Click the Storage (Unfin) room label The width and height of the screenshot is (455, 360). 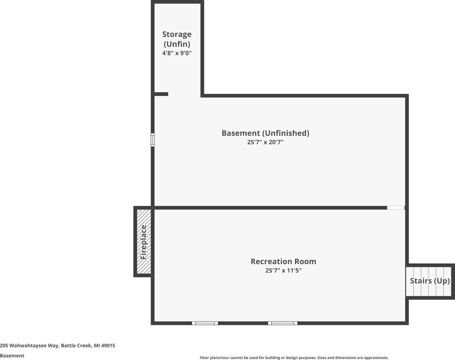177,39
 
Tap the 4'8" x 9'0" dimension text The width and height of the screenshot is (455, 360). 177,53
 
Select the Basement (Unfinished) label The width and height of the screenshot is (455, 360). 265,133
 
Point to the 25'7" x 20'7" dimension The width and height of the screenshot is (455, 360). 265,142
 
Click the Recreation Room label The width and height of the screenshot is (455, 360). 283,261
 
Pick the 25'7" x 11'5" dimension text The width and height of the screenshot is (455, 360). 283,271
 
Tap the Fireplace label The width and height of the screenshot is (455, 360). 144,242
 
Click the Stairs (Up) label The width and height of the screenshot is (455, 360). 430,281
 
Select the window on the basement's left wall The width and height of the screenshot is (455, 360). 152,139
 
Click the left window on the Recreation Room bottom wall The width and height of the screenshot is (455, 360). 205,323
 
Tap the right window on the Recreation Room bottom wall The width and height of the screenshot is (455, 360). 283,323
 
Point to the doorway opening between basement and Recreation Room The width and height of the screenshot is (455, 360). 396,208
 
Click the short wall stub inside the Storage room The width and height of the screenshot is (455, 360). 161,94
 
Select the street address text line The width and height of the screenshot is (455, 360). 58,345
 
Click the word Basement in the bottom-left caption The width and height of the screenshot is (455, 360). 12,355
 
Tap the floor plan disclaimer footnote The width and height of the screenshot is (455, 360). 294,358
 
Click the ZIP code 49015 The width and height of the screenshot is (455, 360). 108,345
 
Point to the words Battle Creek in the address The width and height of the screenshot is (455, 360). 76,345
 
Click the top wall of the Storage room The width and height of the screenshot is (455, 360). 177,2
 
